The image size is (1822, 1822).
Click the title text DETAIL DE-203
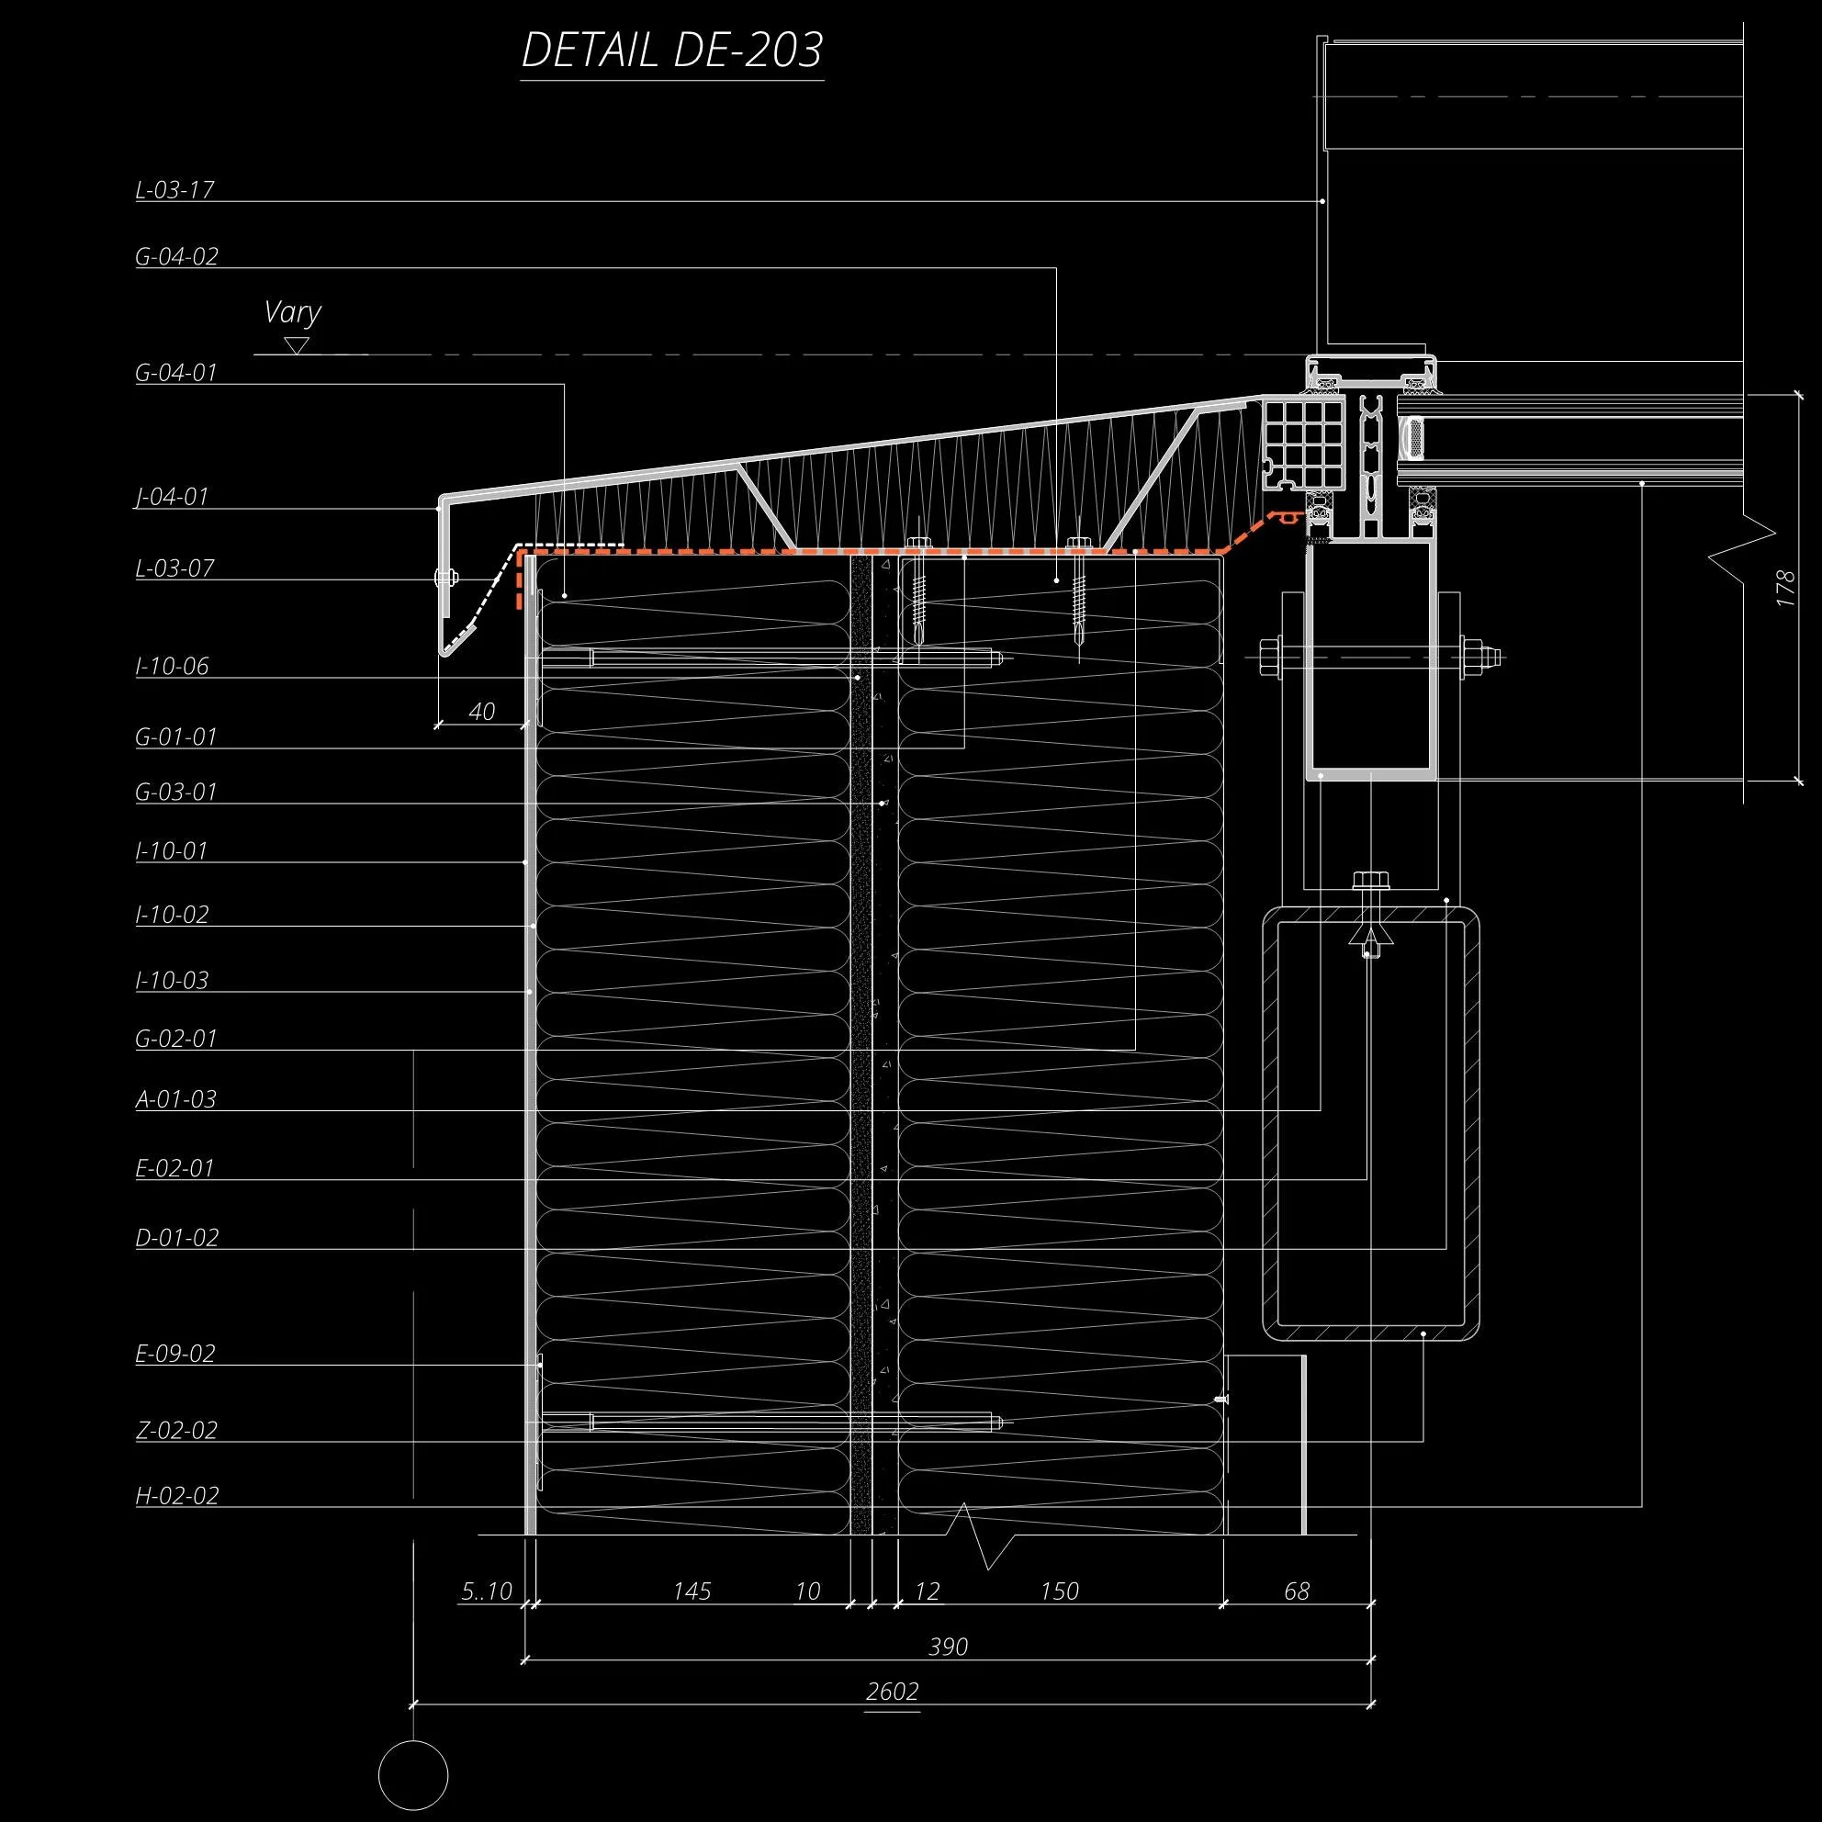tap(672, 51)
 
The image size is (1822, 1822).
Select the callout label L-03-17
tap(175, 189)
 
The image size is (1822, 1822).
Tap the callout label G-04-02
tap(177, 255)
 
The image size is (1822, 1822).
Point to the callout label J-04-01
tap(172, 496)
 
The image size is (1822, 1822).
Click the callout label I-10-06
tap(173, 666)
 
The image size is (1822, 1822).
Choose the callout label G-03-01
tap(176, 792)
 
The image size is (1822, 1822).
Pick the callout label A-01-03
tap(176, 1098)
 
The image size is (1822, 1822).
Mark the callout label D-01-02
tap(177, 1236)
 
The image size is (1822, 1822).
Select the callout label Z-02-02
tap(176, 1430)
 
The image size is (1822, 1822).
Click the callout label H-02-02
tap(177, 1495)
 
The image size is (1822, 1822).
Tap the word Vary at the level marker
tap(292, 312)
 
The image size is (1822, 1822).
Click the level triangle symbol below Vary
tap(297, 346)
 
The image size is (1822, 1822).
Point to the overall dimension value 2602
tap(892, 1691)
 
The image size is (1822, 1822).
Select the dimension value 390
tap(948, 1647)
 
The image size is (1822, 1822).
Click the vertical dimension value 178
tap(1785, 589)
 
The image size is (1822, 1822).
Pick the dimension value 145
tap(692, 1591)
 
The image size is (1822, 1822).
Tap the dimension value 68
tap(1297, 1591)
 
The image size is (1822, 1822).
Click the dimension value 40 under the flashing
tap(481, 711)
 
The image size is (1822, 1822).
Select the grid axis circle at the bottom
tap(413, 1774)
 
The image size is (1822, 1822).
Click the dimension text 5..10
tap(487, 1591)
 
